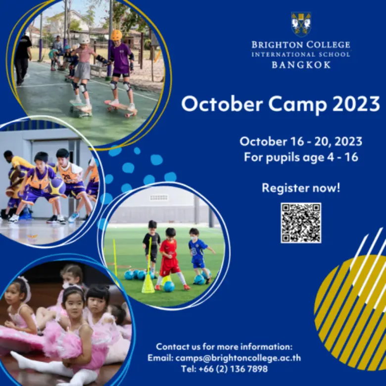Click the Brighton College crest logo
[x=301, y=24]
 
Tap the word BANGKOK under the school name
[x=301, y=65]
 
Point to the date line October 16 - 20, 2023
[x=301, y=142]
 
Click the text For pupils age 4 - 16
[x=301, y=157]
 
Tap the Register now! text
[x=301, y=188]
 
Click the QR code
[x=301, y=223]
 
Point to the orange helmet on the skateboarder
[x=116, y=35]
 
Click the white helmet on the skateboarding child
[x=85, y=39]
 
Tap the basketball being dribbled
[x=57, y=187]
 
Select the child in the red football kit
[x=170, y=257]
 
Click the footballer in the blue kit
[x=197, y=252]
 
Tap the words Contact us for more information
[x=224, y=346]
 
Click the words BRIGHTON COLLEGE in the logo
[x=301, y=45]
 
